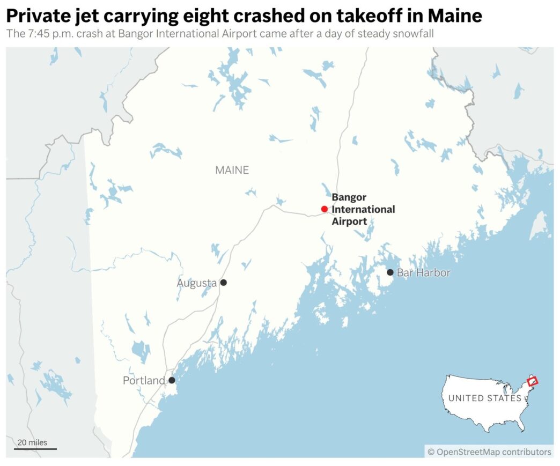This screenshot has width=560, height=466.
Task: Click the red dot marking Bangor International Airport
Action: coord(324,209)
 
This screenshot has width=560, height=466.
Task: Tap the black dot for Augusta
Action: coord(224,282)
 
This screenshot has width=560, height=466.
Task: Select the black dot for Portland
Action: coord(172,380)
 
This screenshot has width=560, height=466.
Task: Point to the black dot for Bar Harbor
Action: coord(390,272)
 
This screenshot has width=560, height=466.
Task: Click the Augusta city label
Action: coord(197,283)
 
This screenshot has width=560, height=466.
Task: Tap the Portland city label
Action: coord(144,381)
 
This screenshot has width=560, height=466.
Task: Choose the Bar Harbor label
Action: coord(423,273)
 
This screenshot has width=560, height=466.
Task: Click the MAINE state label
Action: coord(232,170)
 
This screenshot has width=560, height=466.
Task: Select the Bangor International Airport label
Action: coord(363,209)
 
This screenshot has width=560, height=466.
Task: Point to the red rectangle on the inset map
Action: coord(532,381)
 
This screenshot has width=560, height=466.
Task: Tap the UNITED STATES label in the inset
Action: coord(484,398)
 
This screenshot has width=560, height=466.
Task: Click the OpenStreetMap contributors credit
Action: coord(489,452)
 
